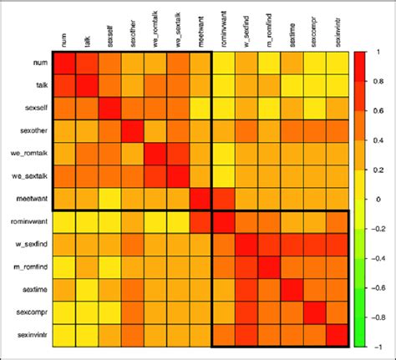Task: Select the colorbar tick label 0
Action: click(x=374, y=198)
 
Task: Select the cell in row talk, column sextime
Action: click(x=291, y=86)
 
